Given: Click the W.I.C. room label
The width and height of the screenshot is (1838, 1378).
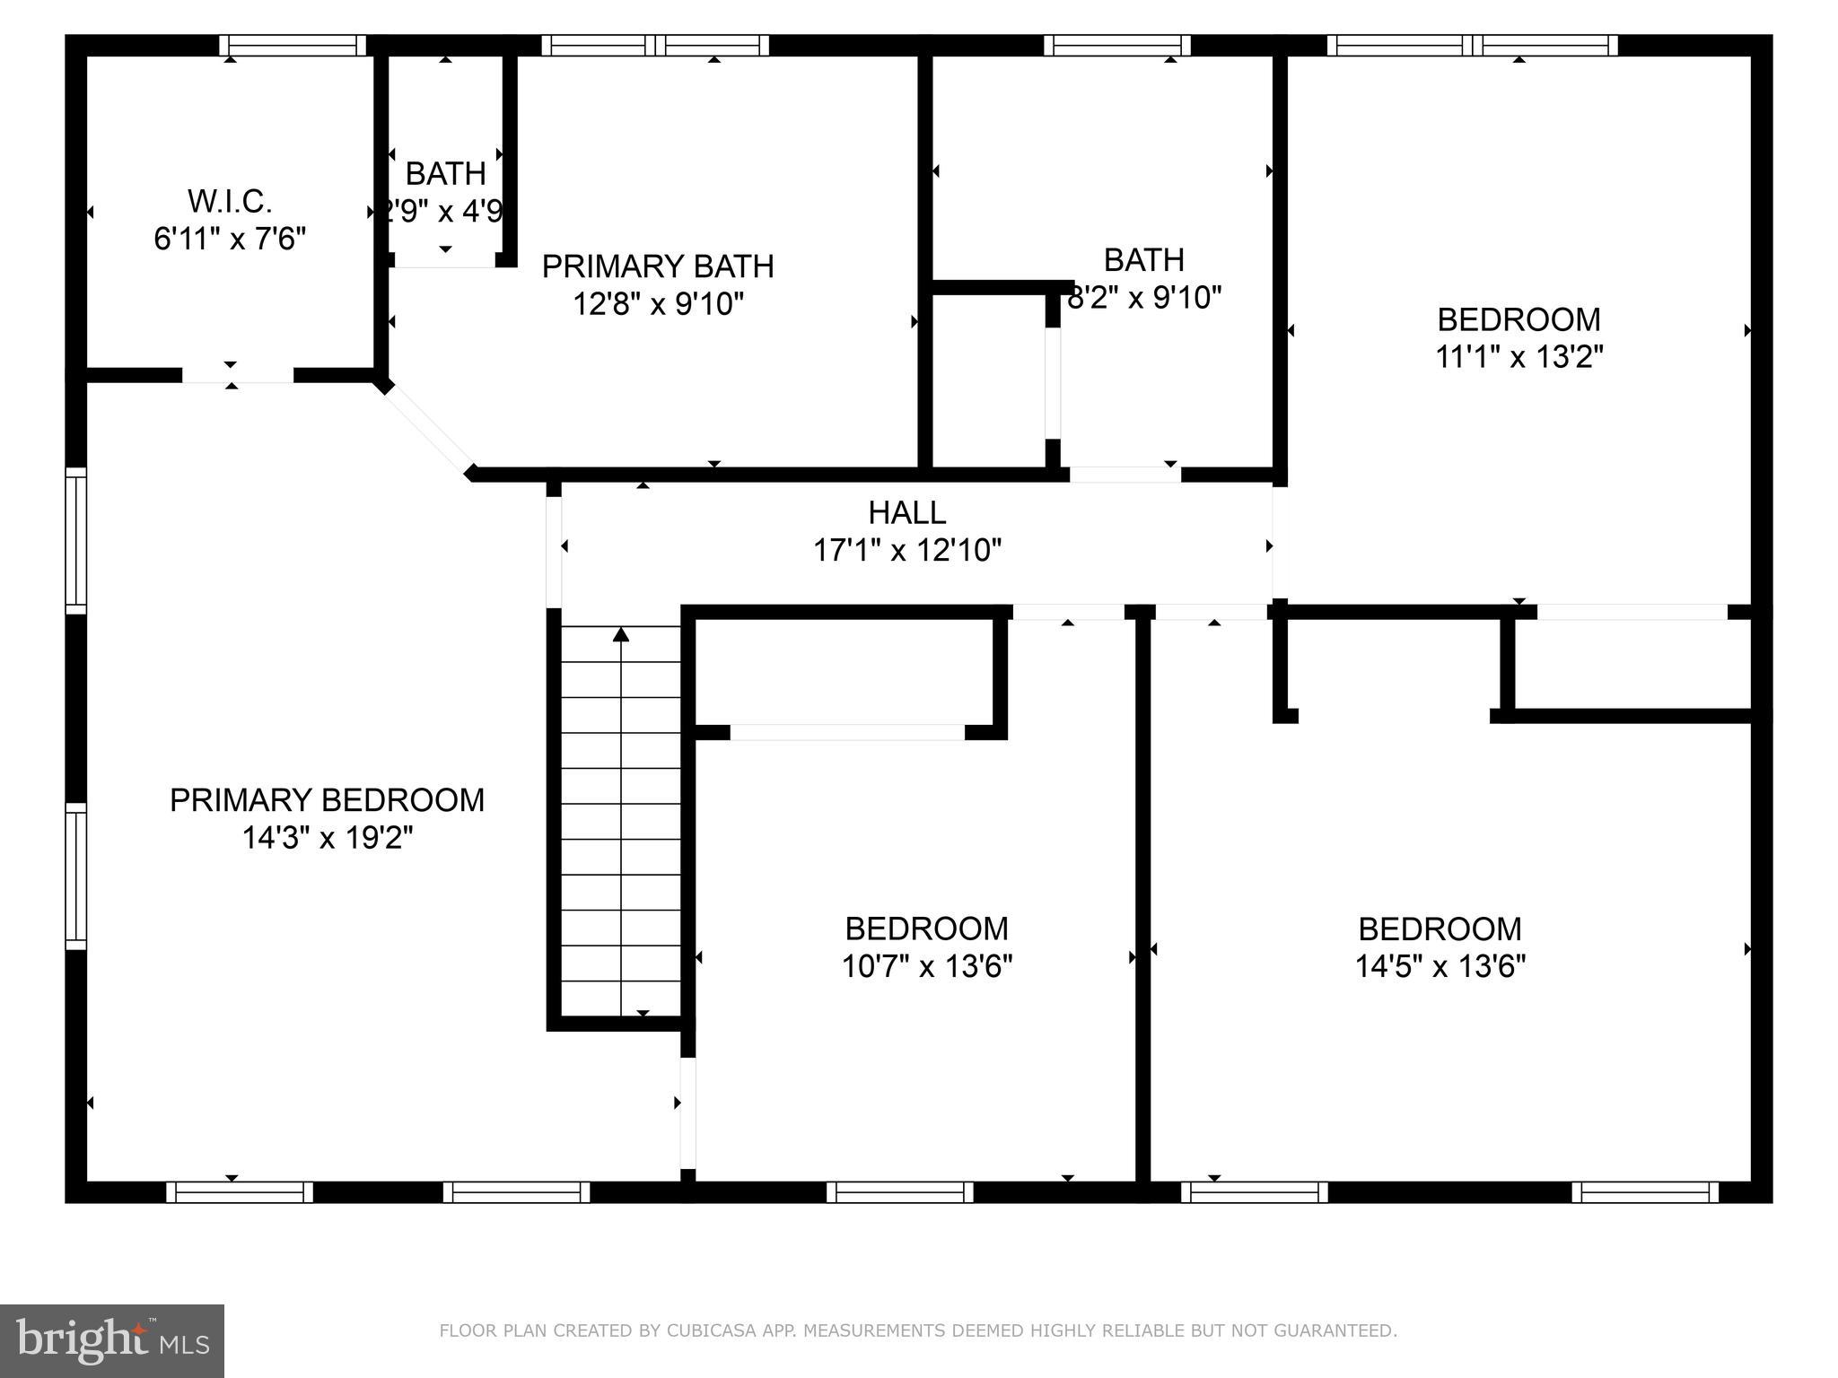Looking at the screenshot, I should point(230,201).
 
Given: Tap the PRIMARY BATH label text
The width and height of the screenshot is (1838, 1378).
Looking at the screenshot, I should point(658,266).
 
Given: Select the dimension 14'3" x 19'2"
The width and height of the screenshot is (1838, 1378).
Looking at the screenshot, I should point(328,838).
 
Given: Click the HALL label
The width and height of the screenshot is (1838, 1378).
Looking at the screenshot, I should point(906,512).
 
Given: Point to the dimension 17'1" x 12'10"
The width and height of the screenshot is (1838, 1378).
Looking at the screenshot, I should point(906,550).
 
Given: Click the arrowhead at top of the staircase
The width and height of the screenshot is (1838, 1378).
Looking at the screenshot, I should point(621,635).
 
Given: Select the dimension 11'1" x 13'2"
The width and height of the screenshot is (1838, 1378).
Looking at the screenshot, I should point(1519,357).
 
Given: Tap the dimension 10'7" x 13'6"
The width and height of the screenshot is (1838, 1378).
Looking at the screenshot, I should point(926,966).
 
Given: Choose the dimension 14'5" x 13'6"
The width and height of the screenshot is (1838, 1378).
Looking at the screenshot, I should point(1440,966).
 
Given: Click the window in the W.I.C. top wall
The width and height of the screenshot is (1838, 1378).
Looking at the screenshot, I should point(293,46).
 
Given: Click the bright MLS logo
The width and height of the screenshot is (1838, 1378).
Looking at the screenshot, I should point(112,1341).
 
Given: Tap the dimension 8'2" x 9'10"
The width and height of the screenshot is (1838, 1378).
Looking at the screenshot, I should point(1144,297).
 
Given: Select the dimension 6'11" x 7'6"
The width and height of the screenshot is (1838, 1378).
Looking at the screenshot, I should point(230,240).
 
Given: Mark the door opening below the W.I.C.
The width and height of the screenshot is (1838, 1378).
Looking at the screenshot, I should point(238,376).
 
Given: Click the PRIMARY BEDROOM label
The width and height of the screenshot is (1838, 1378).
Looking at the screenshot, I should point(328,799).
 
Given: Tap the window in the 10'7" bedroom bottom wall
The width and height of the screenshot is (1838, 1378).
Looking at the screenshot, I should point(899,1192).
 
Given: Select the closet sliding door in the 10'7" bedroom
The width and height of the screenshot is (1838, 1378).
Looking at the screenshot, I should point(847,732).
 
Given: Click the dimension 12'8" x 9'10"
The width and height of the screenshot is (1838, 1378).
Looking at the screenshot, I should point(658,304).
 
